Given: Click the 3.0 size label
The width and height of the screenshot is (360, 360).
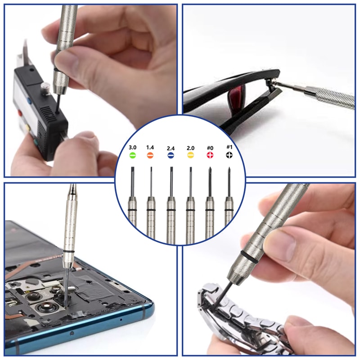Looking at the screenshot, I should pos(132,148).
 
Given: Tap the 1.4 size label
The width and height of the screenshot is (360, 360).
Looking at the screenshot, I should pos(150,148).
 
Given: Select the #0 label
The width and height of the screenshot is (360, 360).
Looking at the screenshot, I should pos(210,148).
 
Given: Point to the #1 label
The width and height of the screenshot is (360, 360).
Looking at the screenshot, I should pos(229,148).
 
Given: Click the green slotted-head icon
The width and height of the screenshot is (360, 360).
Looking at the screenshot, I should pos(132,155).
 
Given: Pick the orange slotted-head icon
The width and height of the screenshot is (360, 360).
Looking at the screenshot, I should pos(151,155).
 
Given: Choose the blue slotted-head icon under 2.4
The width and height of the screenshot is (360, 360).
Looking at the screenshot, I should pos(171,155).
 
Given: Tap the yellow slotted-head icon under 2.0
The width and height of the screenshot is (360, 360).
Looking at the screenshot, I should pos(190,155).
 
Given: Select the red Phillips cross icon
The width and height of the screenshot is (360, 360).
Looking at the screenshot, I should pos(210,155).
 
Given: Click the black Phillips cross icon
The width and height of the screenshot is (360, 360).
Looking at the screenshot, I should pos(229,155).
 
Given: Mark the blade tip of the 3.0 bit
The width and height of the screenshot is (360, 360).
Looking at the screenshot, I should pos(132,168).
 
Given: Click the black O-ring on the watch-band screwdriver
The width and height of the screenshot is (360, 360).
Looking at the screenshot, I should pos(247,255).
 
